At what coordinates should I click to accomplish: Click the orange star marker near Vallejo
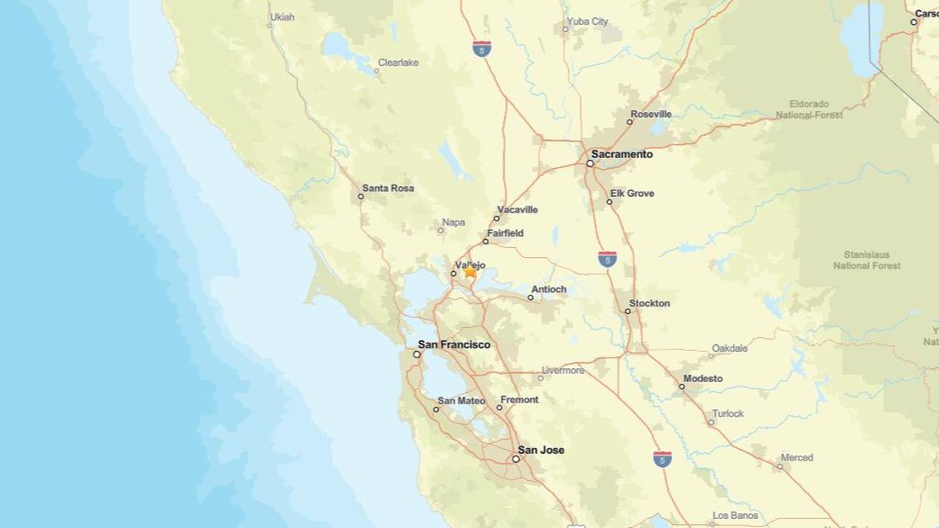[470, 270]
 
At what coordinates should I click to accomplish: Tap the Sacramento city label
[622, 154]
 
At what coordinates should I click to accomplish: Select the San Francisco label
[454, 344]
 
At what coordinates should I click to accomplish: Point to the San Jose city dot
[516, 459]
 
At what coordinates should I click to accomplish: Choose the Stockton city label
[649, 303]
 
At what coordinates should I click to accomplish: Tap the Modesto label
[702, 378]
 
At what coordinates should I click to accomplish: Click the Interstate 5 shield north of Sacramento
[483, 49]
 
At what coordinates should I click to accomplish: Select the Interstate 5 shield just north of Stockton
[608, 259]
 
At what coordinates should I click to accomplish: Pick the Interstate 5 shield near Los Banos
[661, 460]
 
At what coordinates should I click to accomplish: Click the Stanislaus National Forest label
[867, 260]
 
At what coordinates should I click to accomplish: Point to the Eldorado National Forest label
[809, 110]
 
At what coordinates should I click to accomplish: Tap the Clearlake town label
[399, 62]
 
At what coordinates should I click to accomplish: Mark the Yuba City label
[587, 21]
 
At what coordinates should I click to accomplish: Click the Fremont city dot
[500, 408]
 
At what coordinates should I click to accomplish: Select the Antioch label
[549, 289]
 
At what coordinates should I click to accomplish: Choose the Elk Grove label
[632, 194]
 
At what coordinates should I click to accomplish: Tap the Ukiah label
[282, 16]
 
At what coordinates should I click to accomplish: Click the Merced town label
[797, 457]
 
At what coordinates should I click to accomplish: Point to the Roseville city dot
[630, 122]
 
